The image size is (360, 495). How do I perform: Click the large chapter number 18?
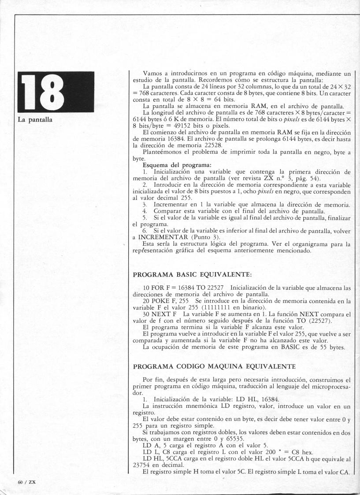[56, 92]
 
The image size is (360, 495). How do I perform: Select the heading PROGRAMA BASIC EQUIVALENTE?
[192, 275]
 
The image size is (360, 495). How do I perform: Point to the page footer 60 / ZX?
[26, 481]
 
